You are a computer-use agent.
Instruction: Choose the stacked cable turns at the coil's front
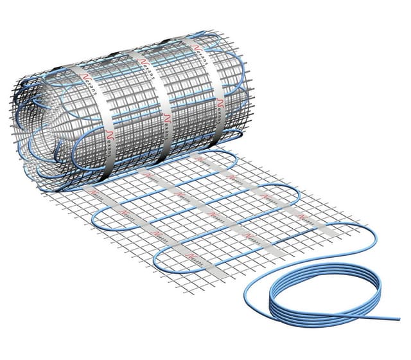(x=295, y=315)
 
